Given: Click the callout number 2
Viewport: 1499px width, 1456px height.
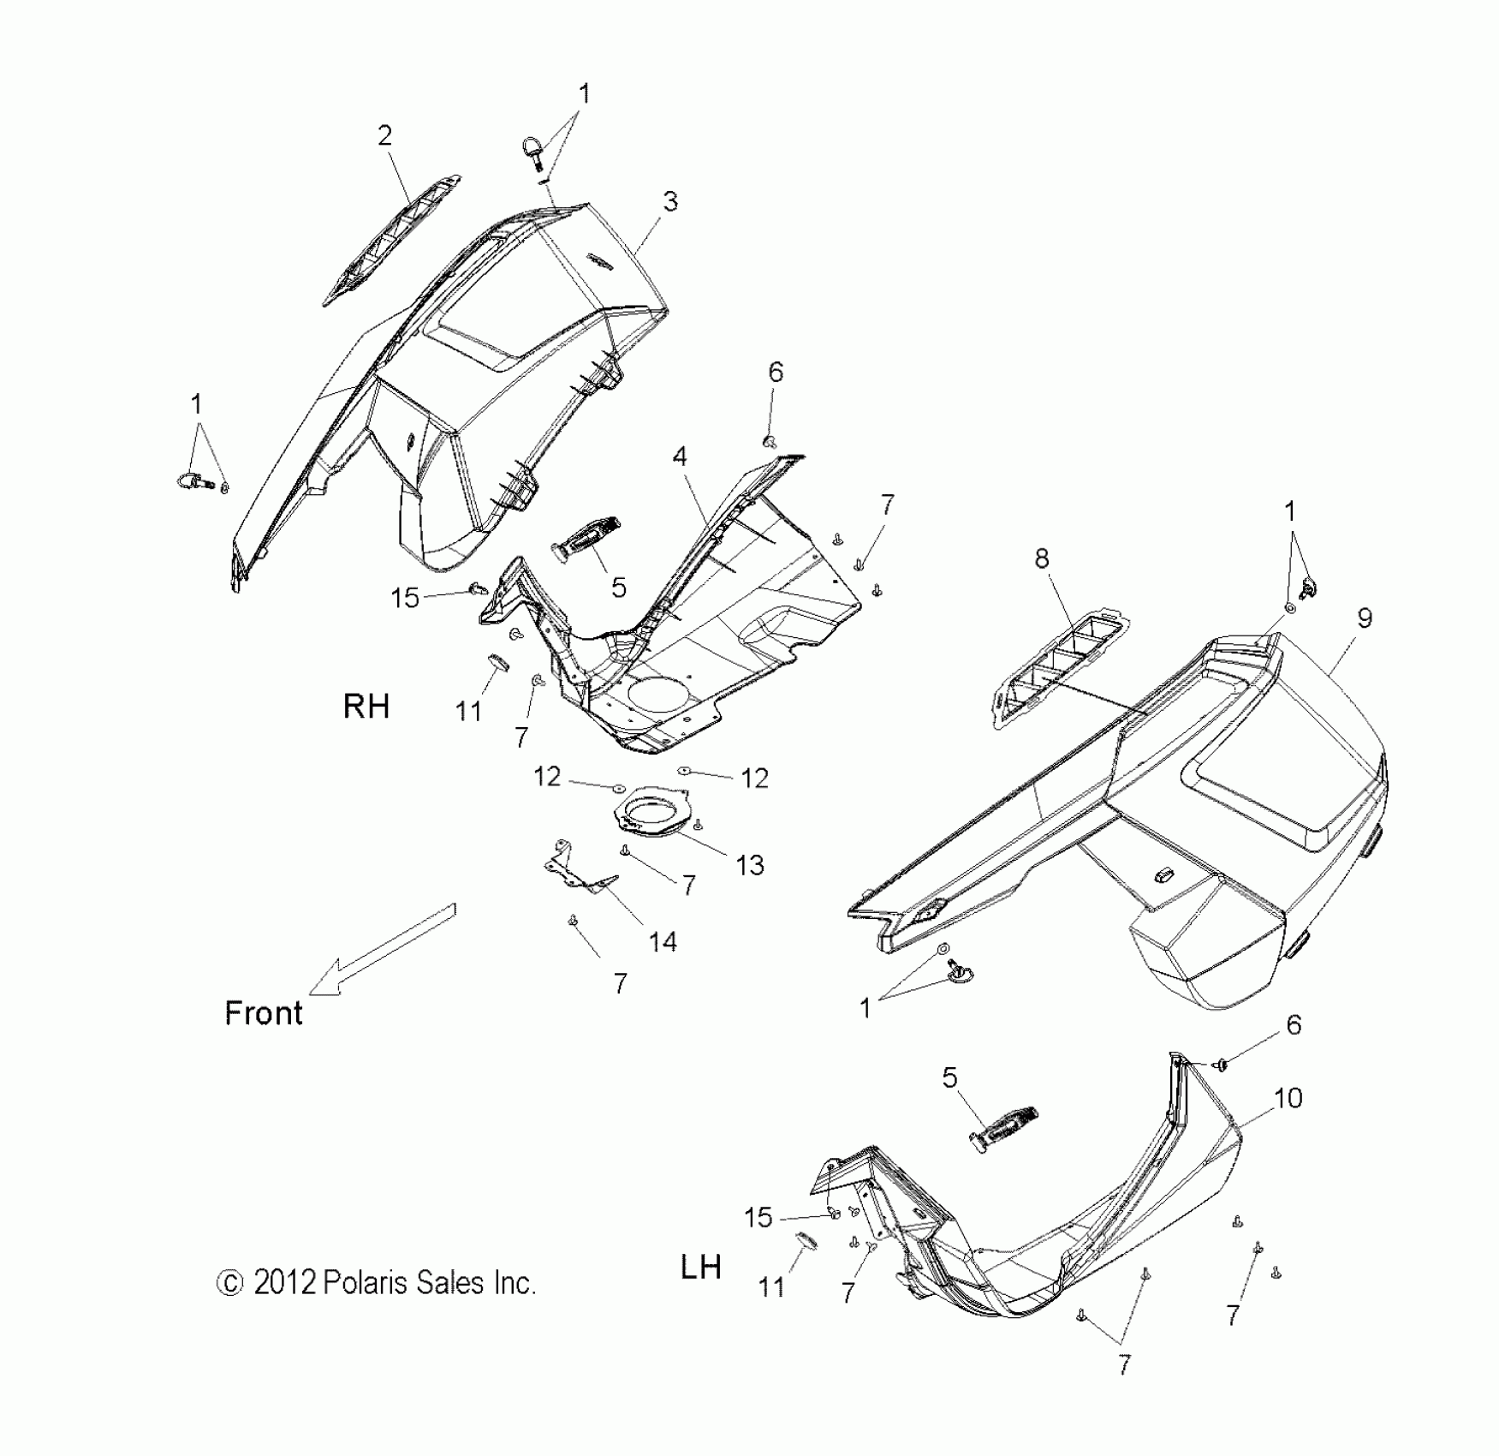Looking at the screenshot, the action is coord(384,135).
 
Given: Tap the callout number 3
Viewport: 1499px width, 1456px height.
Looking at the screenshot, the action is coord(670,201).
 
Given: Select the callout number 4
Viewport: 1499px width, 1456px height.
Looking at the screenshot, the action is coord(680,456).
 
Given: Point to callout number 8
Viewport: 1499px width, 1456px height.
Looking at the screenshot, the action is coord(1041,558).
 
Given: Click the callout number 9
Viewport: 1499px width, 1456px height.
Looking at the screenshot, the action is coord(1365,618).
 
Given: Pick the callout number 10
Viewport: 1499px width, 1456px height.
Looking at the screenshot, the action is coord(1288,1097).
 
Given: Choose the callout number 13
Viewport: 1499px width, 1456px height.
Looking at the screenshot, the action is coord(750,865).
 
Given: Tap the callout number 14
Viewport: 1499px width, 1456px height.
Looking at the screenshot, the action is coord(663,942).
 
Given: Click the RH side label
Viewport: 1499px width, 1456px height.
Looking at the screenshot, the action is coord(366,707).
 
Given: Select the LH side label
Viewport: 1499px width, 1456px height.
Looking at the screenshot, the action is coord(700,1267).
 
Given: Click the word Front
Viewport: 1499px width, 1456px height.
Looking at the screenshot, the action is coord(264,1013).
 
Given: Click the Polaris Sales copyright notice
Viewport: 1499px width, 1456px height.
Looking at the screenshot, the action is coord(377,1283).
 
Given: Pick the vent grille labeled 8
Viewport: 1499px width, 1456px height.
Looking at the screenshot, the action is coord(1057,668).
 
